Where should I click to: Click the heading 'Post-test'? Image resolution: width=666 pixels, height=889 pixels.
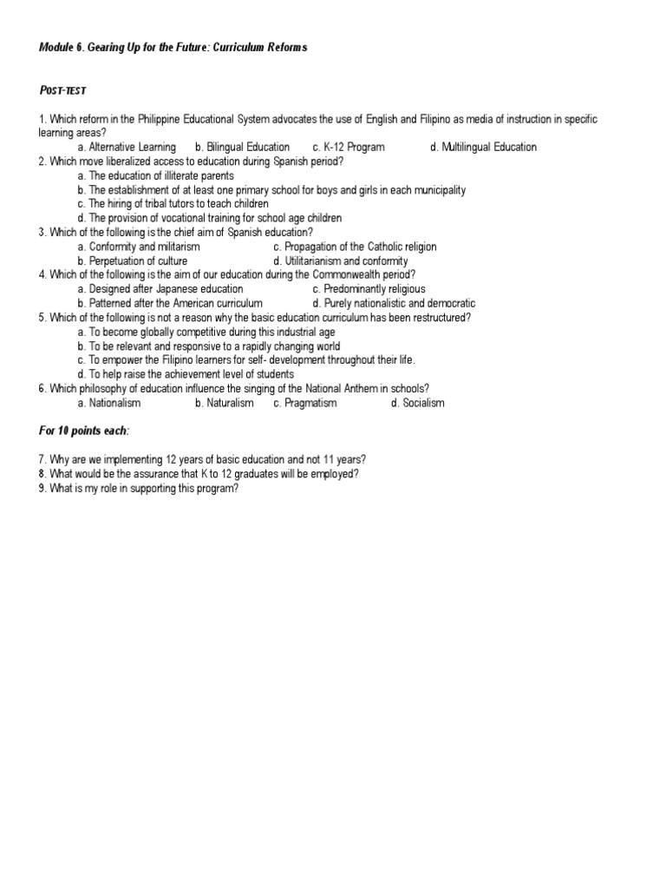(x=62, y=90)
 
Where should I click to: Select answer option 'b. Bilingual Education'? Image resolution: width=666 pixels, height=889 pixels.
(x=242, y=147)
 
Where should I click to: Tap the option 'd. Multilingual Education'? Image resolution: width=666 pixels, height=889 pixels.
(x=483, y=147)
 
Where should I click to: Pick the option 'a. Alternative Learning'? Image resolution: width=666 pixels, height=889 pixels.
(x=127, y=147)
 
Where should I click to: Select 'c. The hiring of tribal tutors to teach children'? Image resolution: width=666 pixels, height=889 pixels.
(x=186, y=204)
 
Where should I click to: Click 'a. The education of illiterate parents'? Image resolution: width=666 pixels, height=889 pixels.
(x=155, y=175)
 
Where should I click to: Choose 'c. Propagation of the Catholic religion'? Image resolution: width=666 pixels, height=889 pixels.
(x=355, y=247)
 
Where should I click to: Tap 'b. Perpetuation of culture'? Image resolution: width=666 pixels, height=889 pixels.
(x=132, y=260)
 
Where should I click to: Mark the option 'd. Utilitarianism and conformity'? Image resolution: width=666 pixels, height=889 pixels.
(x=340, y=260)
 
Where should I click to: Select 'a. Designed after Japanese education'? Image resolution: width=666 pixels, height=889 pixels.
(x=160, y=289)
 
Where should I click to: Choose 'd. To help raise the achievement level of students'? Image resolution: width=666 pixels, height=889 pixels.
(x=185, y=374)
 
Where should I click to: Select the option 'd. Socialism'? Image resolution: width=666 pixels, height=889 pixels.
(x=417, y=403)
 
